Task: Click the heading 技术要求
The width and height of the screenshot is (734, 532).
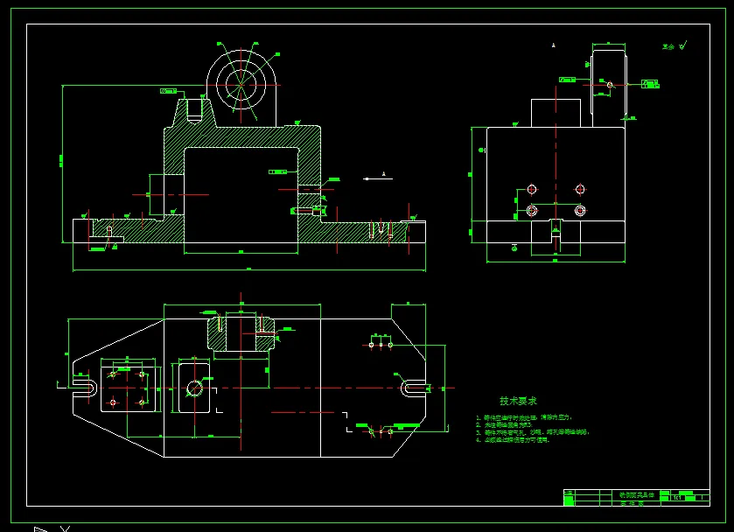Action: click(519, 401)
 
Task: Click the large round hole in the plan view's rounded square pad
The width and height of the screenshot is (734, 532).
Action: click(194, 386)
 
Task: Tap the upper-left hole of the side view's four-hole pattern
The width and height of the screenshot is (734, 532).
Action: click(531, 189)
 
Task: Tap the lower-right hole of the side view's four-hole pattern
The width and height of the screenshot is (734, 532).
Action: click(579, 210)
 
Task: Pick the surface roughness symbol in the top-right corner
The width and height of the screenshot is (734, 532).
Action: click(675, 45)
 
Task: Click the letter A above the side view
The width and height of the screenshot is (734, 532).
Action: click(554, 44)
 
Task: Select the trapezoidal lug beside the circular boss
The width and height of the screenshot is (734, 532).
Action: click(193, 111)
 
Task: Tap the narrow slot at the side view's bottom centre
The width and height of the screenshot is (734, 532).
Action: click(555, 233)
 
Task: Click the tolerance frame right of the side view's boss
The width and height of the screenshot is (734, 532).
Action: click(649, 83)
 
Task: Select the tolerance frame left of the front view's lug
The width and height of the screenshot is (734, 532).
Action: click(168, 90)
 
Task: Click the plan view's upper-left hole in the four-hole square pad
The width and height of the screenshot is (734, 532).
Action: click(112, 374)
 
